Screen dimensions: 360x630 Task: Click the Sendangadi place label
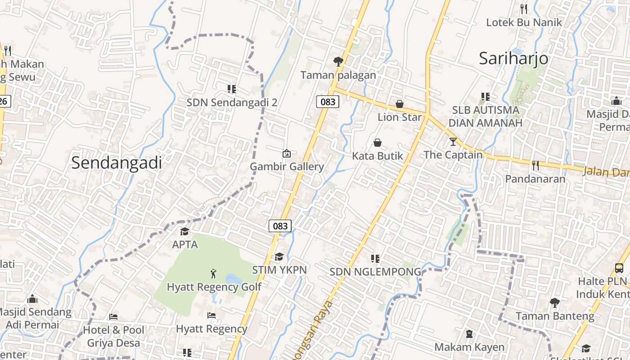click(x=117, y=163)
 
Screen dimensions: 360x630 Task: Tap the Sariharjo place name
click(x=513, y=58)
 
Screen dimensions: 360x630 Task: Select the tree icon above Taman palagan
click(x=338, y=61)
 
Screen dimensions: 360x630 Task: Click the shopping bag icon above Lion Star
click(x=399, y=104)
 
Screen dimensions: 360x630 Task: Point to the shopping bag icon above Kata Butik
click(x=378, y=143)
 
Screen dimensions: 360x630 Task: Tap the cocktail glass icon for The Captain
click(x=453, y=142)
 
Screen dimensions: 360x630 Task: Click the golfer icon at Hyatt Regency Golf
click(x=213, y=273)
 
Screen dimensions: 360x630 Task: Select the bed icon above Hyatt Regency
click(x=211, y=315)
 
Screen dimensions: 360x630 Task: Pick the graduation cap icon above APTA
click(x=184, y=231)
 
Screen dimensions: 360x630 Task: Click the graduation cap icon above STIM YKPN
click(x=279, y=256)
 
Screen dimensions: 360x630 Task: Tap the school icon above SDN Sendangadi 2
click(x=232, y=89)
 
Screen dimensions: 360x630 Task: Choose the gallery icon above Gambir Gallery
click(x=287, y=153)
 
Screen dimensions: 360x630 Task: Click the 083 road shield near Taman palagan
click(x=328, y=102)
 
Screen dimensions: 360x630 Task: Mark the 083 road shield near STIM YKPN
click(x=280, y=225)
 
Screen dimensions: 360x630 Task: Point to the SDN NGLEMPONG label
click(x=375, y=272)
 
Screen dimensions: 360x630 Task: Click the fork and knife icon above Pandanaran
click(x=535, y=166)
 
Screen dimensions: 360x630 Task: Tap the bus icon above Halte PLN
click(x=619, y=268)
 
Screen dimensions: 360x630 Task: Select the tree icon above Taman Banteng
click(x=554, y=302)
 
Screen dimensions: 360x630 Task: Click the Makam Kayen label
click(x=469, y=347)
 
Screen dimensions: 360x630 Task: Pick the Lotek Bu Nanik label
click(x=524, y=22)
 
